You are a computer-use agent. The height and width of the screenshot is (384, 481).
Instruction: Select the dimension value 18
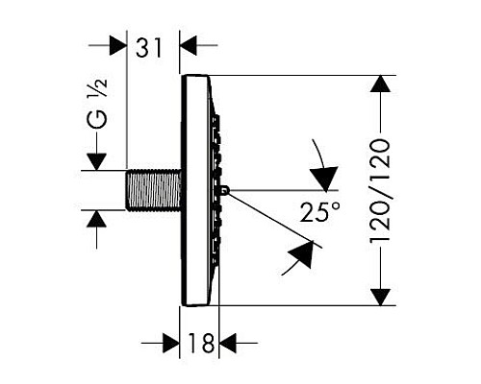coord(200,342)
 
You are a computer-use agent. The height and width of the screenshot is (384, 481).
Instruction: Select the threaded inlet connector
coord(154,190)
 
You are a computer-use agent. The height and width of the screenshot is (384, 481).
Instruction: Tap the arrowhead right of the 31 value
coord(190,44)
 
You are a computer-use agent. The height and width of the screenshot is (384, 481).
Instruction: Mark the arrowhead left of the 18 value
coord(171,342)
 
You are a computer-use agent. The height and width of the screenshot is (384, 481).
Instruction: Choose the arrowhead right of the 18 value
coord(231,342)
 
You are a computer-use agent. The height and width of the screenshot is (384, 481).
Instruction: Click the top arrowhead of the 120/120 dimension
coord(382,87)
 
